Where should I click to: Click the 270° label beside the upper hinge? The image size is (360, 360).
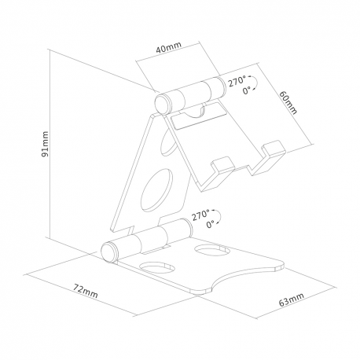(237, 80)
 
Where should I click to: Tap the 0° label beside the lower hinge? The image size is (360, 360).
(210, 224)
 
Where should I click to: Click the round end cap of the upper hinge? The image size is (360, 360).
(163, 103)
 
